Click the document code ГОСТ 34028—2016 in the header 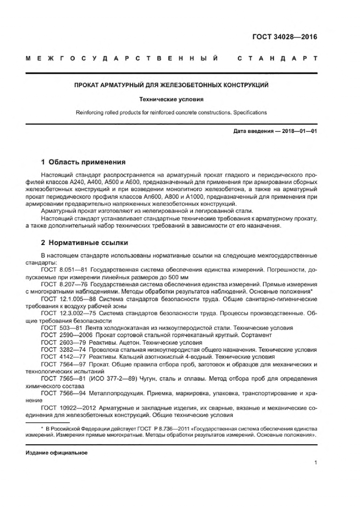284,37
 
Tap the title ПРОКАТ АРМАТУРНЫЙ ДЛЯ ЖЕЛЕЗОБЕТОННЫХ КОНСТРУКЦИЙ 171,85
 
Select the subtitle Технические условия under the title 171,99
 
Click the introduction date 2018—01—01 300,131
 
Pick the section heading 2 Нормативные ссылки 84,242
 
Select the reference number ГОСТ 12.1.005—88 69,299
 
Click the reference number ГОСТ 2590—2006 67,335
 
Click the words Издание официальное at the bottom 56,453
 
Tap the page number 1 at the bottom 315,463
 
